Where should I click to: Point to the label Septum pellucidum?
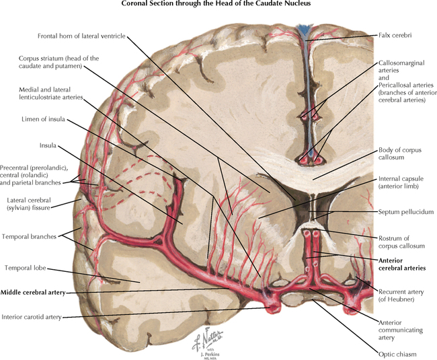click(401, 211)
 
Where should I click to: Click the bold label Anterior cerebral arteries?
click(402, 263)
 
